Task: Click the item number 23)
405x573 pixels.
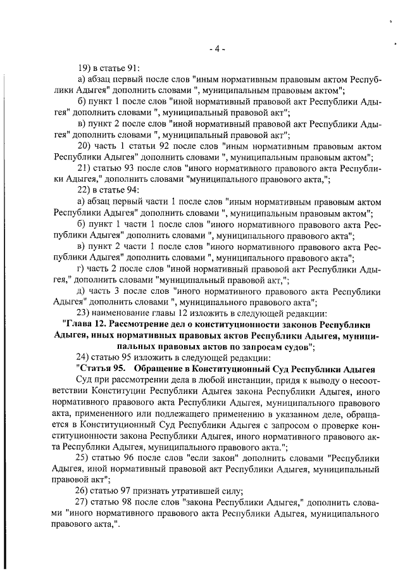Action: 85,313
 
